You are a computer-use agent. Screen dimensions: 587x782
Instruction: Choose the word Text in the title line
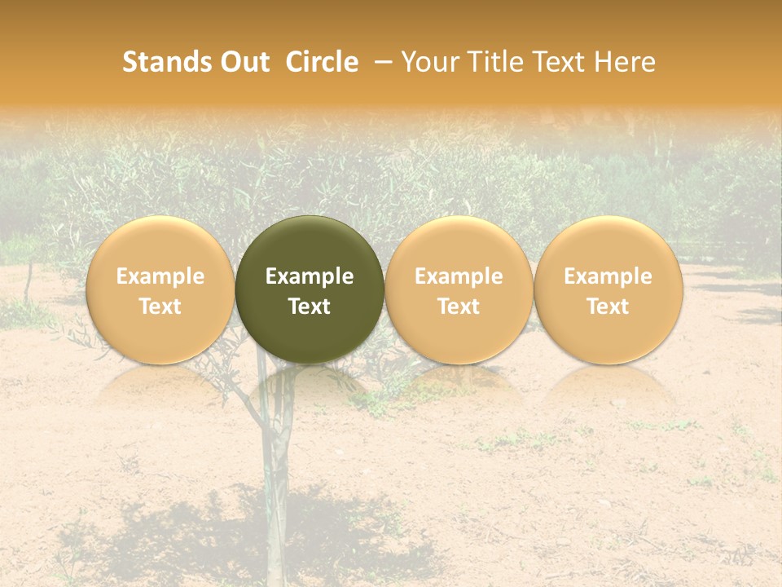560,62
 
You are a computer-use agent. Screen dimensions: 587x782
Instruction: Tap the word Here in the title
626,62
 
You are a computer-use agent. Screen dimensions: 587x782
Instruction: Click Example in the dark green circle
310,276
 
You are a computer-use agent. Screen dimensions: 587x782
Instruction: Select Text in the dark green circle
310,307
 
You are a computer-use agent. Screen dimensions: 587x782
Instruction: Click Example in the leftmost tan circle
160,276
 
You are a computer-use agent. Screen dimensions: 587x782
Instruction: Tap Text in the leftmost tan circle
160,307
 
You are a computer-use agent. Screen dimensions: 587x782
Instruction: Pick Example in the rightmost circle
608,276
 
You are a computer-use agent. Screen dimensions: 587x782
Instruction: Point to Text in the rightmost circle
608,307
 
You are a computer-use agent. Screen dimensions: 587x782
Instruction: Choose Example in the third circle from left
459,276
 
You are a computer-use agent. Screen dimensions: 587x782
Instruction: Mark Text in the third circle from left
459,307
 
